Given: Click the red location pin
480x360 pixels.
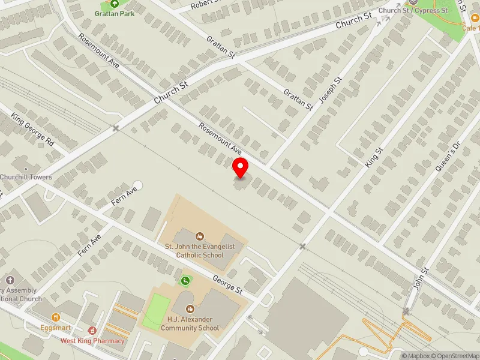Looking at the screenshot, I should coord(241,168).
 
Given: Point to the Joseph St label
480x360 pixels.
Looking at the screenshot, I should coord(331,91).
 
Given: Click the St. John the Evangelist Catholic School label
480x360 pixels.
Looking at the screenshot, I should coord(200,251).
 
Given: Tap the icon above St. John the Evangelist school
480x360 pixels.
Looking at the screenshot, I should coord(200,236).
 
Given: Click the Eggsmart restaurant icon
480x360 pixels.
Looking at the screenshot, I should coord(56,317).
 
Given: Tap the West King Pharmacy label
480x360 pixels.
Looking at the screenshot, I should coord(92,341).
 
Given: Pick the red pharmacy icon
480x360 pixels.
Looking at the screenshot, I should coord(92,330).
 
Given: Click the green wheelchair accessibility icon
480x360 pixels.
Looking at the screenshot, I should coord(186,280).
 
